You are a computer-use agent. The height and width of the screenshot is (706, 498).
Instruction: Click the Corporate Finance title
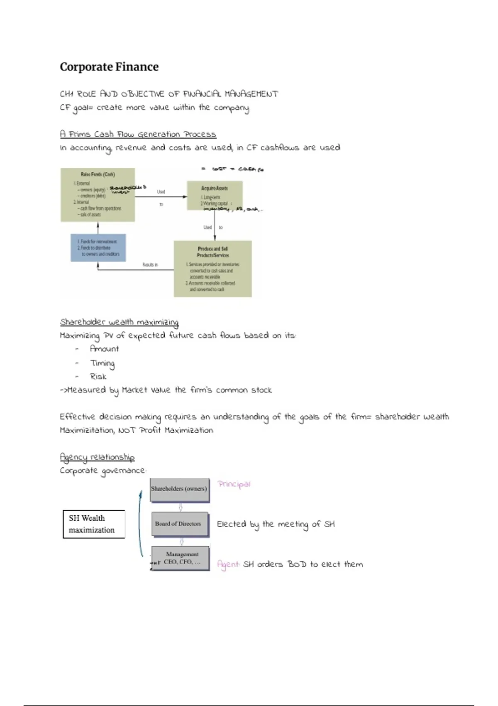point(109,67)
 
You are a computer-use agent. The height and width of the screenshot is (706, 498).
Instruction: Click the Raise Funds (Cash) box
point(98,194)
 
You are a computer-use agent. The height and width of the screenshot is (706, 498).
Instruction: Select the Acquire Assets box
point(215,195)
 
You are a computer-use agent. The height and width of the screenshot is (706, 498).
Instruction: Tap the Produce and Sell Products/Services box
point(212,269)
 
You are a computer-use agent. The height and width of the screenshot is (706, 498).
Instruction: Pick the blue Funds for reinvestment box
point(98,248)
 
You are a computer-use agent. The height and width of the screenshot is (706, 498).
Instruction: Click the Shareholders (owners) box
point(179,489)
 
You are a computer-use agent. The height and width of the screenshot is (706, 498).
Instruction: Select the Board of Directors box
point(179,524)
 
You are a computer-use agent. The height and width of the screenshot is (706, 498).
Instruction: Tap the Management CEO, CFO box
point(181,558)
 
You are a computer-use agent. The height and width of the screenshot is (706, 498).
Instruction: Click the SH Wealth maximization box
point(94,524)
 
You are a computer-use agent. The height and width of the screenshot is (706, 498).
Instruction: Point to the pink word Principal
point(234,484)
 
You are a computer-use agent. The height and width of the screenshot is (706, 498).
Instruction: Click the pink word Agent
point(228,564)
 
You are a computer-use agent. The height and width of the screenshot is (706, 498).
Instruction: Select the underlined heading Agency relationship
point(97,457)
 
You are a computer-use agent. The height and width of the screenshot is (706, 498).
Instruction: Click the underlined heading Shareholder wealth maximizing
point(119,322)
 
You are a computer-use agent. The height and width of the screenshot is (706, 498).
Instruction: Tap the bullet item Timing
point(103,363)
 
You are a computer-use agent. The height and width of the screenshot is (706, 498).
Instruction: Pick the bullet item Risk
point(98,377)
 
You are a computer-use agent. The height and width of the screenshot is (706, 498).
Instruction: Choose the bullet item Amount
point(104,349)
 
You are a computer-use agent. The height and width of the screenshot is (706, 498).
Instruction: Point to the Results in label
point(150,265)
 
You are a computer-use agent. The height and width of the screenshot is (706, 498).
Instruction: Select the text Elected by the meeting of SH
point(276,524)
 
